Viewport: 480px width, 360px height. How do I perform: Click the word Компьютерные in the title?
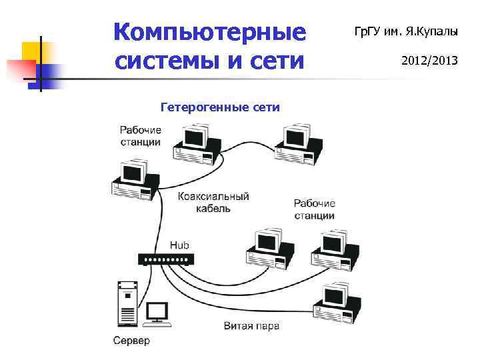[x=209, y=32]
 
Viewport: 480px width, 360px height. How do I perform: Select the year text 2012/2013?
[x=429, y=61]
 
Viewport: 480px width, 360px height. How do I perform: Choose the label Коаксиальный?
[x=213, y=197]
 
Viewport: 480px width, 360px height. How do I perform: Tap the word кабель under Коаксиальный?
[x=213, y=209]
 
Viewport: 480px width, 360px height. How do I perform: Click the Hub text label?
[x=179, y=245]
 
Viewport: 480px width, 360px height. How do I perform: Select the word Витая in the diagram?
[x=238, y=326]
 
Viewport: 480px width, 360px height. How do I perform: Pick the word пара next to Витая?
[x=267, y=326]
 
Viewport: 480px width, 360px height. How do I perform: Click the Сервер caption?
[x=131, y=341]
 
